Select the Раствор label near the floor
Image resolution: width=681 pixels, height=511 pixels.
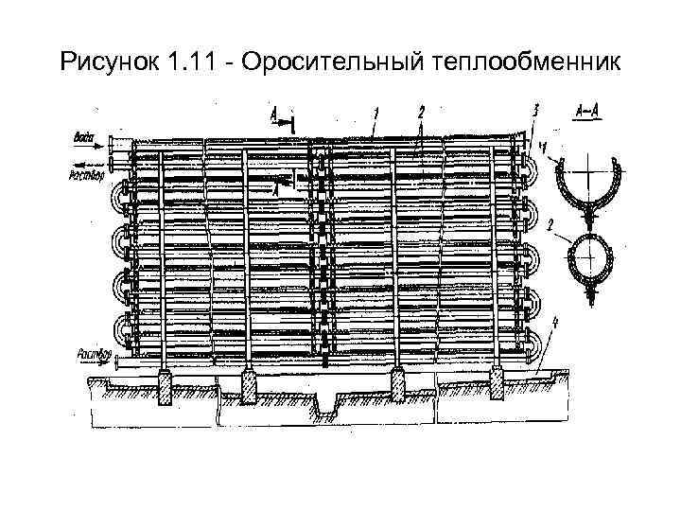(x=86, y=356)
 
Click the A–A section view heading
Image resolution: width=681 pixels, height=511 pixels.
(x=585, y=110)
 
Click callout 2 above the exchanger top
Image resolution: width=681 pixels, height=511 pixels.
(x=420, y=112)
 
